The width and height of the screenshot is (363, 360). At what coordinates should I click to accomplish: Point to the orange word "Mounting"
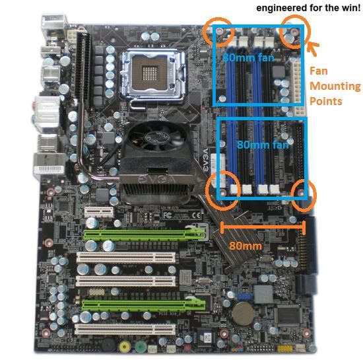[336, 87]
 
